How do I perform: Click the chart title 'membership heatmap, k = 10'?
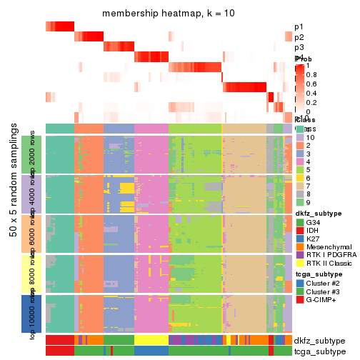169,14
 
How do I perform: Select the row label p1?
299,26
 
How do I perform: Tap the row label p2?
299,37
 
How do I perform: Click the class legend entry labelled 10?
311,136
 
